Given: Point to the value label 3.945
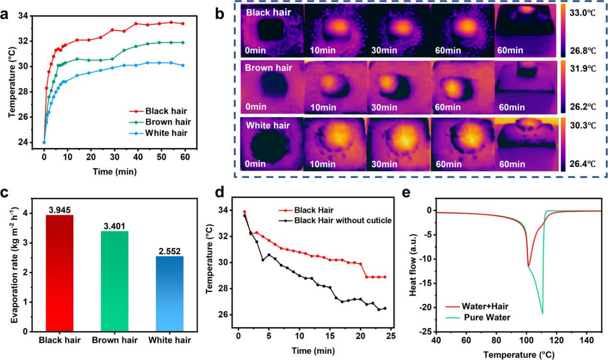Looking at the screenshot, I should pyautogui.click(x=59, y=209).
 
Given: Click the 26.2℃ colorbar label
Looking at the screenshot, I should pyautogui.click(x=584, y=106).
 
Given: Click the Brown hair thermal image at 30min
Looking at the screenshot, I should pyautogui.click(x=398, y=87).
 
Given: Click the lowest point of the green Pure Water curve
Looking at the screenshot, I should pyautogui.click(x=542, y=314).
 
